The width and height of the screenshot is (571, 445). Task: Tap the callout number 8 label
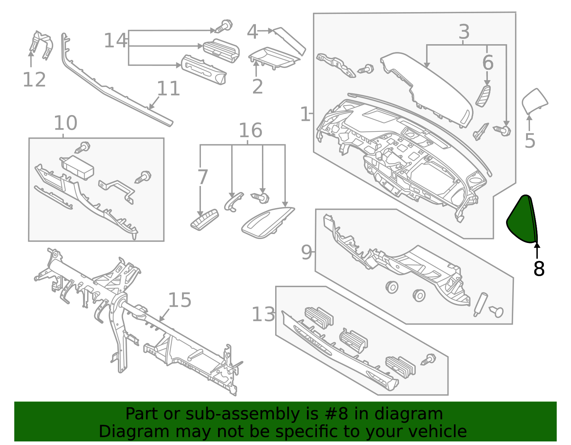539,269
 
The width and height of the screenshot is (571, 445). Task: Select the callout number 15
180,300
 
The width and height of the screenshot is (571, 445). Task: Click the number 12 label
34,79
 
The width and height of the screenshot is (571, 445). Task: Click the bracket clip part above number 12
41,45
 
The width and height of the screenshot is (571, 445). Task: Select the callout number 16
250,130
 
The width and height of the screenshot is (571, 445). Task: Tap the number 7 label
202,177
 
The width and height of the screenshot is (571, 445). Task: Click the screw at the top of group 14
224,26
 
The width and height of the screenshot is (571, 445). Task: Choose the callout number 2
257,87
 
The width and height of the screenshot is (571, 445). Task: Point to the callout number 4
252,32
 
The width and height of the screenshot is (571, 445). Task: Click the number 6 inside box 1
488,63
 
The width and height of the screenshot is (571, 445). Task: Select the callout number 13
263,315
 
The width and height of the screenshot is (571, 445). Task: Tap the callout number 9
306,252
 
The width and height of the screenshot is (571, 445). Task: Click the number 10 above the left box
65,123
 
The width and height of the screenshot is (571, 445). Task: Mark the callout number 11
168,88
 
